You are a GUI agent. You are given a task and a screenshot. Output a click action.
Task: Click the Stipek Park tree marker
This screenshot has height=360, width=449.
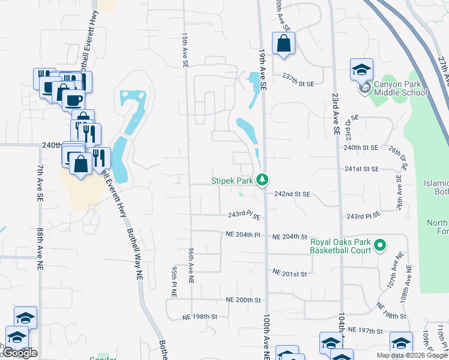(x=262, y=179)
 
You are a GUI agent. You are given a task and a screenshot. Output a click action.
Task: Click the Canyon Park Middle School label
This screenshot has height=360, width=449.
(x=400, y=88)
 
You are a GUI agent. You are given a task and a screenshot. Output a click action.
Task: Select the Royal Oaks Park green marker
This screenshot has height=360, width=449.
(x=379, y=245)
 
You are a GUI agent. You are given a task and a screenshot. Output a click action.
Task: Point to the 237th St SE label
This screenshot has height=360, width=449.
(x=298, y=76)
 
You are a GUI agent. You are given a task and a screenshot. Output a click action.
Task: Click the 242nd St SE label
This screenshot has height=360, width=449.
(x=292, y=194)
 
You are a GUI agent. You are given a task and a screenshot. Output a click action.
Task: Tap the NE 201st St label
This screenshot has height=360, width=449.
(x=289, y=273)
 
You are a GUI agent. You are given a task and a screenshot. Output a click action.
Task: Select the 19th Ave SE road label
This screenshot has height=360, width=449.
(x=262, y=69)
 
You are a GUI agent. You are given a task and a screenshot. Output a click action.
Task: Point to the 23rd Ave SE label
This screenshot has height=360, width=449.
(x=336, y=114)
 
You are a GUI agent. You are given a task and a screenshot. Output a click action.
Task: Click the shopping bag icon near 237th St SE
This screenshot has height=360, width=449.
(x=283, y=44)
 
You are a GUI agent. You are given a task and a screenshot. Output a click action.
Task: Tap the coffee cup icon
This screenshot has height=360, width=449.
(x=73, y=99)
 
